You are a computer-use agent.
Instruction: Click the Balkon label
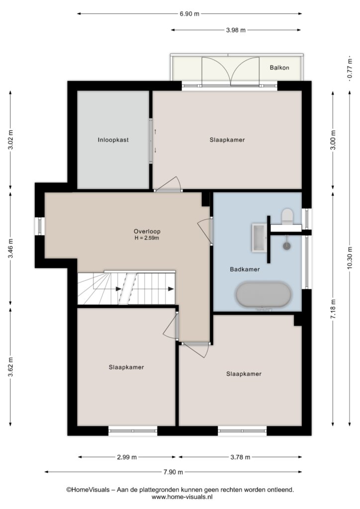279,68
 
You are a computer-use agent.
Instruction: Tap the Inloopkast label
113,140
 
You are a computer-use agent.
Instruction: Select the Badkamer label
245,269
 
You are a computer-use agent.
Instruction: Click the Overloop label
147,232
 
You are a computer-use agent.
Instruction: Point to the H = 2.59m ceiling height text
147,238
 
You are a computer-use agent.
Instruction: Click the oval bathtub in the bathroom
264,295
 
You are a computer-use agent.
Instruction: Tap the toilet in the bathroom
287,216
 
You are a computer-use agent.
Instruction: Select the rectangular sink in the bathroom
259,237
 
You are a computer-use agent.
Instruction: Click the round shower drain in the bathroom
286,246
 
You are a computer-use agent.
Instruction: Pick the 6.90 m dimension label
189,14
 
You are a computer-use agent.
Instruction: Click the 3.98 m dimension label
236,30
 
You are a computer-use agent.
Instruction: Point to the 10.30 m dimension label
350,258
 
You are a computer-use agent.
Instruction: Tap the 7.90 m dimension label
174,472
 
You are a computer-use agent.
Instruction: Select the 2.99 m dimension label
127,457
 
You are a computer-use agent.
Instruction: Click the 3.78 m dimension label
240,457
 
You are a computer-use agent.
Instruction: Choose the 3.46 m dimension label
11,249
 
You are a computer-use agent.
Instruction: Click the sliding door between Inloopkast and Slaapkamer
151,141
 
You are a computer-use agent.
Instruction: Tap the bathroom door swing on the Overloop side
205,231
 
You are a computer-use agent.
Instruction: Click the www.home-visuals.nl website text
182,497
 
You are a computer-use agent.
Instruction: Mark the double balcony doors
231,72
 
